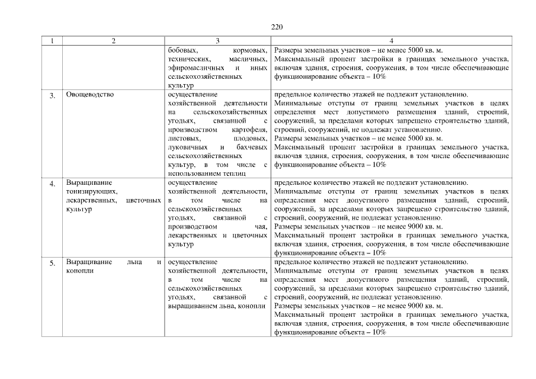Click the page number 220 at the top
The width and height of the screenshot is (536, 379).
(277, 27)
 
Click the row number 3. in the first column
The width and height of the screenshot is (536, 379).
(53, 95)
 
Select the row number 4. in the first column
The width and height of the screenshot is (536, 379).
(53, 184)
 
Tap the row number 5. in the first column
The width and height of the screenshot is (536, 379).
(53, 263)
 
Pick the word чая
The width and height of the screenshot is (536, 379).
(262, 226)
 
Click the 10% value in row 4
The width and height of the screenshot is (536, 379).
(380, 253)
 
